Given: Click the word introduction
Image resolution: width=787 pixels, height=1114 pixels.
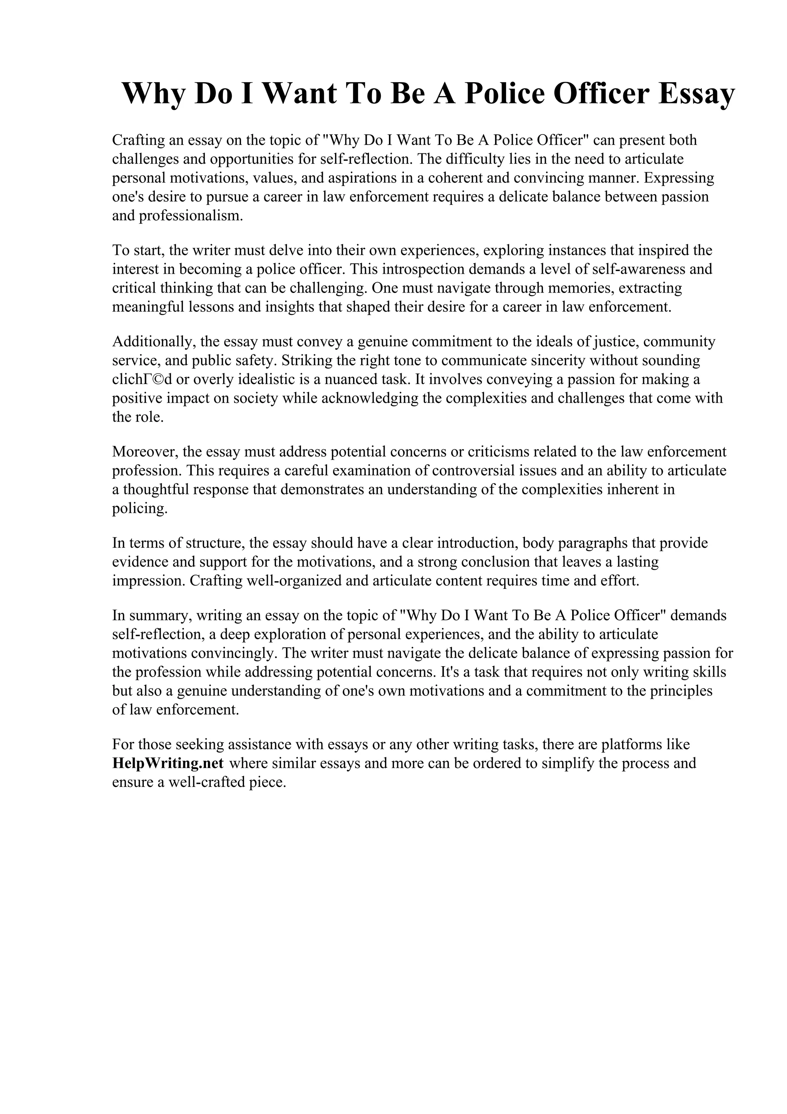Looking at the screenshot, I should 468,542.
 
